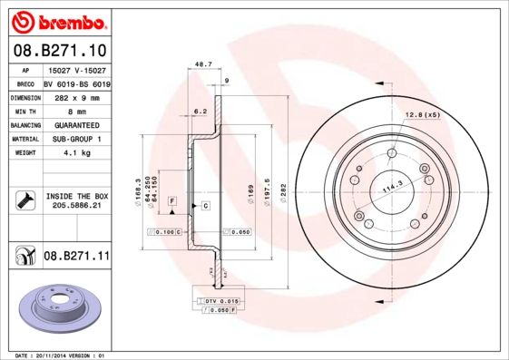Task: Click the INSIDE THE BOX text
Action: (x=75, y=196)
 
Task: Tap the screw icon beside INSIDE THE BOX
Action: (x=24, y=200)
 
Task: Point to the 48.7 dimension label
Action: (x=203, y=65)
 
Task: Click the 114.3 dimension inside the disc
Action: (x=391, y=187)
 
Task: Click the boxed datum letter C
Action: (x=206, y=206)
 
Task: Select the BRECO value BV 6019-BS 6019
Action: (x=76, y=83)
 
